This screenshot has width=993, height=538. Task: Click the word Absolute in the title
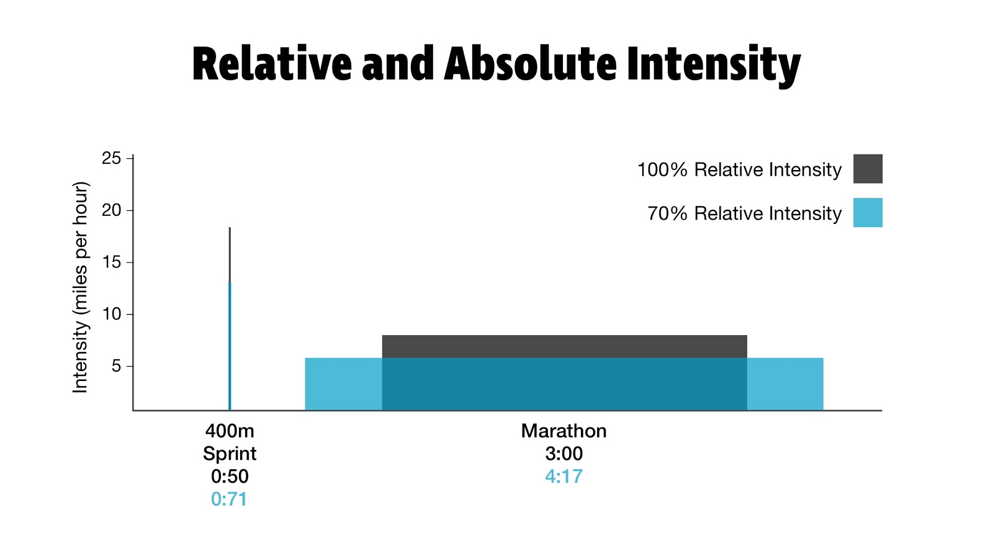click(529, 64)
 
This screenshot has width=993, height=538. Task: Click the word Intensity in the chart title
click(713, 65)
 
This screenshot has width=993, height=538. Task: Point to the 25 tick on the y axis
click(112, 158)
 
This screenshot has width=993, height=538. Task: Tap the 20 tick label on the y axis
click(112, 210)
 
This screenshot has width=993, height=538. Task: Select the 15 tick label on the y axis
click(112, 262)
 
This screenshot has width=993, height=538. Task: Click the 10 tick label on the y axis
click(112, 314)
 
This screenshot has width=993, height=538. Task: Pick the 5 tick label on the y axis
click(116, 366)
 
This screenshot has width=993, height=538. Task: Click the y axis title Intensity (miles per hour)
click(81, 287)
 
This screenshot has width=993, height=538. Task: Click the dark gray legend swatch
click(867, 169)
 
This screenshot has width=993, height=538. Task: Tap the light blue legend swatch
click(867, 212)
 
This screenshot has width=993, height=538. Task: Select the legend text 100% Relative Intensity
click(739, 169)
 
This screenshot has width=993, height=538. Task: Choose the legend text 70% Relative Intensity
click(744, 213)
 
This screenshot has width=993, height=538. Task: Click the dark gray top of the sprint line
click(230, 254)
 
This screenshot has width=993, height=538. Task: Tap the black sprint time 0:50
click(230, 477)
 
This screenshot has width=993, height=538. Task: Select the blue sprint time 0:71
click(229, 499)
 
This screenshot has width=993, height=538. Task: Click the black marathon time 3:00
click(564, 454)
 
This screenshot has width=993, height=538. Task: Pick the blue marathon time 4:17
click(564, 477)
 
